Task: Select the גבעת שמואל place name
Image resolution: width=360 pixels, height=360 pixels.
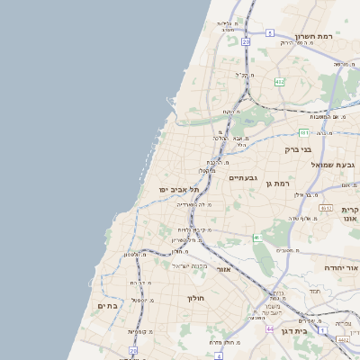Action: [x=310, y=166]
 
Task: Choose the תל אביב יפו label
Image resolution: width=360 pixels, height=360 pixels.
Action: [x=178, y=190]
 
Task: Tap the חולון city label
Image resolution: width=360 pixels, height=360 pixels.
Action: [x=196, y=298]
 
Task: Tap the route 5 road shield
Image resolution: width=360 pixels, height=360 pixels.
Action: [x=270, y=33]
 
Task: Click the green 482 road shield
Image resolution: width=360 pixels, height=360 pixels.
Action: [x=280, y=82]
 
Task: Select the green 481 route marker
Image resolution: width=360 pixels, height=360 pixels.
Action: [x=305, y=132]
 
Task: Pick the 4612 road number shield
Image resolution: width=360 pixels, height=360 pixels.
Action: [x=326, y=208]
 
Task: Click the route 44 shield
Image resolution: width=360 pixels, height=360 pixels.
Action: [x=271, y=329]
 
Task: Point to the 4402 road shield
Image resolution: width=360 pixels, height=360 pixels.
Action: [x=343, y=340]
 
